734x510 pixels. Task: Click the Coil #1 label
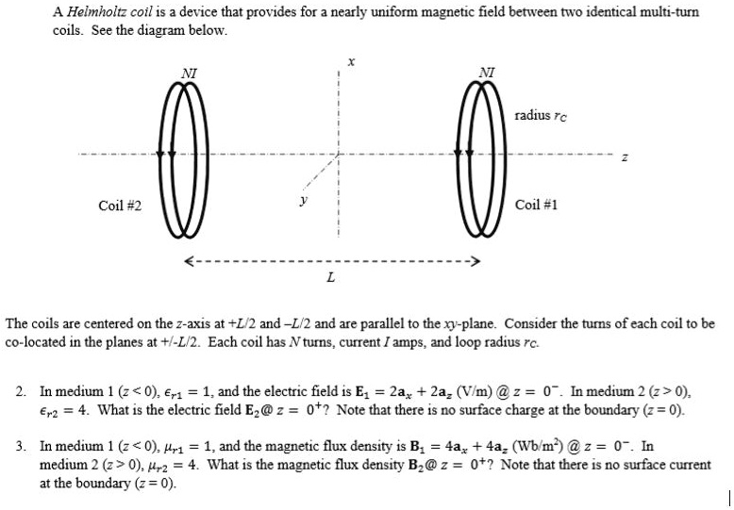(x=537, y=205)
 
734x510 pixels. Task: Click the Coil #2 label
(x=120, y=205)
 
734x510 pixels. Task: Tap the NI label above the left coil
(x=190, y=72)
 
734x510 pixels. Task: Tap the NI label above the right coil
(x=486, y=72)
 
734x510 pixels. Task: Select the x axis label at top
(x=350, y=60)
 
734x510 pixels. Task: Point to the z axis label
(x=623, y=157)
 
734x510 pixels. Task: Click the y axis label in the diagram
(x=303, y=199)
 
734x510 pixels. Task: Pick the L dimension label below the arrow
(x=328, y=278)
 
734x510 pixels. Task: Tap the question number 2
(x=21, y=389)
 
